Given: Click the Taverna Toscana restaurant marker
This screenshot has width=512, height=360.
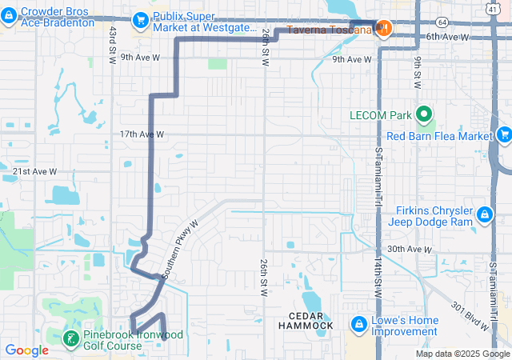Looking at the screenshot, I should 384,29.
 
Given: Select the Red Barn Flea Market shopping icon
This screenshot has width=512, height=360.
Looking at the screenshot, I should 504,135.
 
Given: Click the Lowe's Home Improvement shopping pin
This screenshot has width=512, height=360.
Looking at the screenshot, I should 358,324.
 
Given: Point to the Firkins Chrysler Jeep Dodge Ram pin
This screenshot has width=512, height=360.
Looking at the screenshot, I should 485,214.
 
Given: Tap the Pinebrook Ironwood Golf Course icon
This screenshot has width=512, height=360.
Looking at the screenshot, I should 70,338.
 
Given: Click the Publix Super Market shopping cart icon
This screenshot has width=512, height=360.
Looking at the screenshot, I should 141,18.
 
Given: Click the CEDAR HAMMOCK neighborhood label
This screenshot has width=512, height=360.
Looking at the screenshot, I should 306,321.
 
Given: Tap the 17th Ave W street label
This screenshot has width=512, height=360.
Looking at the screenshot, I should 142,134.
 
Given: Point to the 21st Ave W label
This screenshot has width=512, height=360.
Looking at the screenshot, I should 35,172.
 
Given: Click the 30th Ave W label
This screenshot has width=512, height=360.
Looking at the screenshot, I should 409,250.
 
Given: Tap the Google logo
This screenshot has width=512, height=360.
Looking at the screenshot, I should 26,350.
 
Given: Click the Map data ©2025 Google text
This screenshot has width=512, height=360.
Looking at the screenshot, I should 462,354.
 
